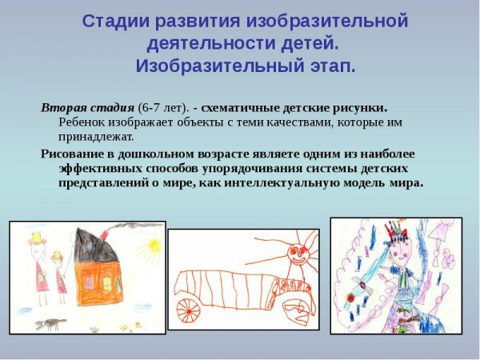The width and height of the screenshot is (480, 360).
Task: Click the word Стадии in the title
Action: [113, 22]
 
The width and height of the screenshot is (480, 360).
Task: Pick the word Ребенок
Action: [82, 123]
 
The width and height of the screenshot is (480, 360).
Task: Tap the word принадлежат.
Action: [94, 138]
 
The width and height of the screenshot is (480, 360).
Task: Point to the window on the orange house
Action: [107, 284]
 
